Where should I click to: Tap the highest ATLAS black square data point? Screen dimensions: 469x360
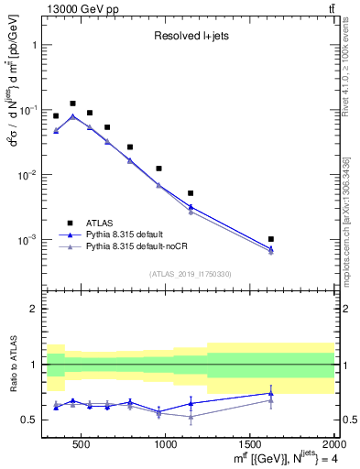(x=72, y=104)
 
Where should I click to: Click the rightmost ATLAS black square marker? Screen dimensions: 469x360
(x=271, y=239)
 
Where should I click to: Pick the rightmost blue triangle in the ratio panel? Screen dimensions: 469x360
(x=271, y=393)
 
